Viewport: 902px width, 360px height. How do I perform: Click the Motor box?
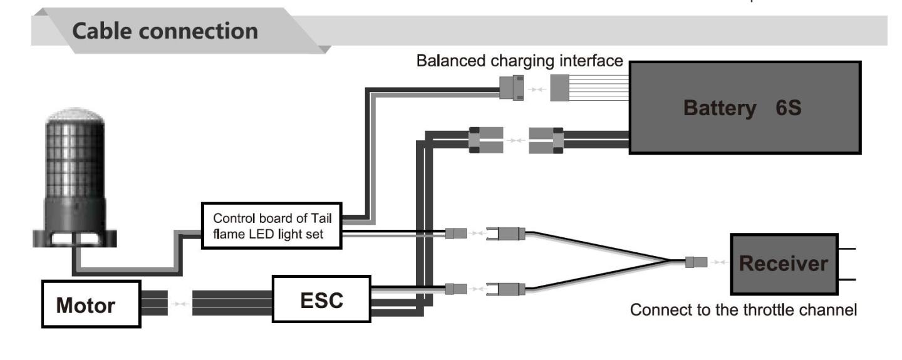(x=91, y=304)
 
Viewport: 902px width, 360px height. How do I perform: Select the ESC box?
(x=321, y=299)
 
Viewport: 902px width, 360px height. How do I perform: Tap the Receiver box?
(x=784, y=264)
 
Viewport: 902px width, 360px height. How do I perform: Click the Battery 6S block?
(x=745, y=108)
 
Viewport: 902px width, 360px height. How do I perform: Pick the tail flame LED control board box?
(x=271, y=226)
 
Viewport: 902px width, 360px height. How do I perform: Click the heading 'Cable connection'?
(x=165, y=31)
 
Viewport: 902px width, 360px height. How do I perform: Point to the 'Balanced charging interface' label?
(x=519, y=61)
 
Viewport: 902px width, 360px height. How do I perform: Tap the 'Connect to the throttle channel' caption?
(x=744, y=310)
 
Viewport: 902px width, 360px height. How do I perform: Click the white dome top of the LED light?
(x=75, y=115)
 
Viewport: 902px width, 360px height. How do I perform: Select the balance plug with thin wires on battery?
(x=560, y=88)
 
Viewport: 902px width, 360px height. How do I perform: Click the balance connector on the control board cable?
(x=511, y=88)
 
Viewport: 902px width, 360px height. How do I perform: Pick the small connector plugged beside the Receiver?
(x=697, y=262)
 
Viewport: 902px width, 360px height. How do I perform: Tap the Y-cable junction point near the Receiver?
(x=670, y=261)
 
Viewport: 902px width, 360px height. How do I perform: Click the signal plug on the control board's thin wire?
(x=456, y=233)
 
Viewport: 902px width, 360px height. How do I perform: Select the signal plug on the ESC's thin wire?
(x=456, y=289)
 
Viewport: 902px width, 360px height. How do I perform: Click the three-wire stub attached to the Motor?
(x=154, y=303)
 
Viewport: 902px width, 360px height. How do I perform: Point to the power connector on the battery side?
(x=546, y=140)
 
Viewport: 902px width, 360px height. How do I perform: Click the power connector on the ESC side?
(x=486, y=140)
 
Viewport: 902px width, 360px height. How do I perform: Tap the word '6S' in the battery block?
(x=788, y=108)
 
